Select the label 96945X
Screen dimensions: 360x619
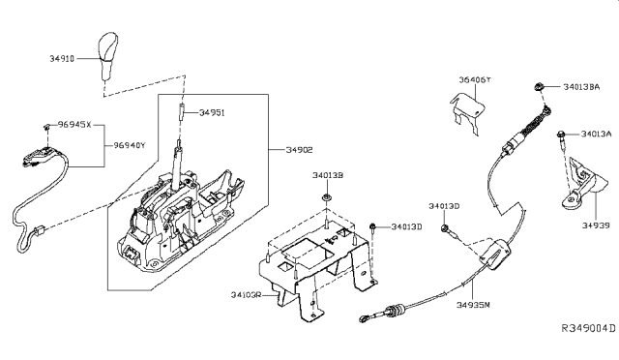74,125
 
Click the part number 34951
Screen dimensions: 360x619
214,112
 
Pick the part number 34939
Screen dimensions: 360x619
596,225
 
